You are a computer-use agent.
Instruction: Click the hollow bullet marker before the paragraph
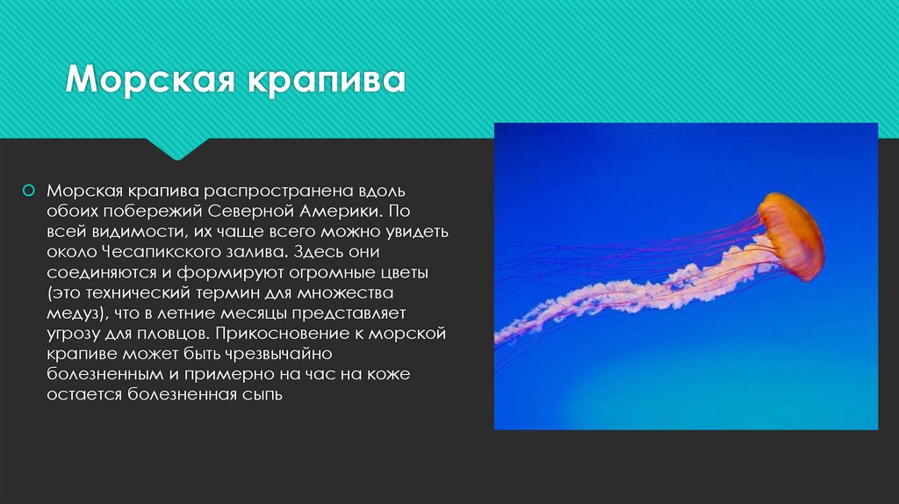pos(29,190)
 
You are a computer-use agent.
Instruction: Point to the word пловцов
pos(171,335)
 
